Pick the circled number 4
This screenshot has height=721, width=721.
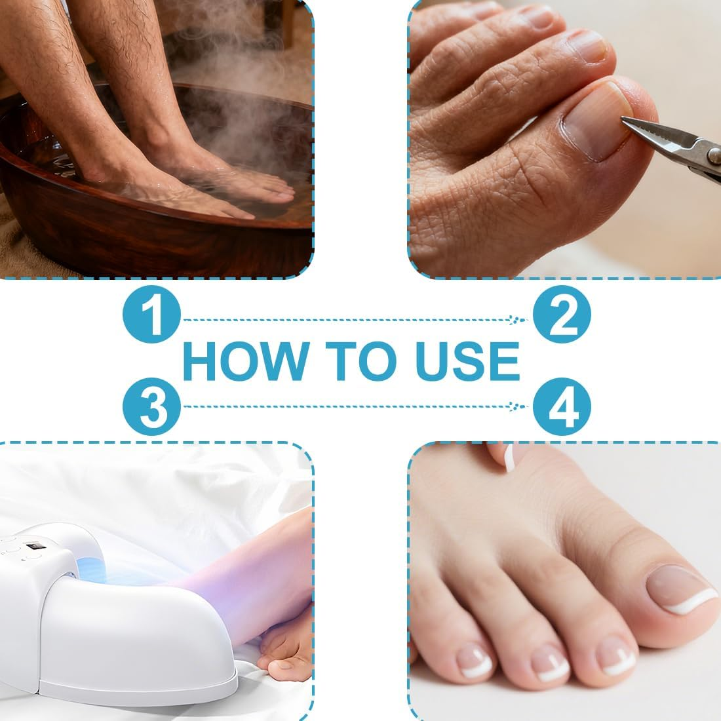click(562, 406)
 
